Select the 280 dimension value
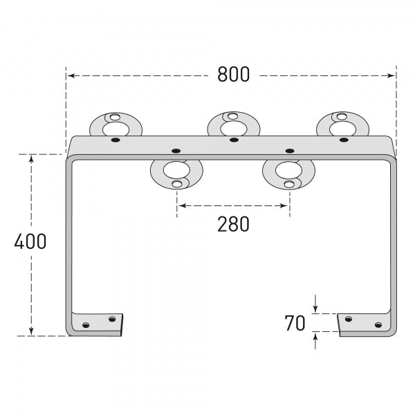pyautogui.click(x=233, y=224)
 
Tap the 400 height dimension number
pyautogui.click(x=30, y=242)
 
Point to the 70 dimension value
pyautogui.click(x=295, y=323)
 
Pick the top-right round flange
pyautogui.click(x=342, y=125)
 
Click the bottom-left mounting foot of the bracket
pyautogui.click(x=98, y=322)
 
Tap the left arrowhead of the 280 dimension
pyautogui.click(x=180, y=205)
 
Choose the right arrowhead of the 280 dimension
pyautogui.click(x=286, y=205)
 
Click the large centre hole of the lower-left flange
pyautogui.click(x=176, y=169)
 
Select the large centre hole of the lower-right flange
pyautogui.click(x=288, y=169)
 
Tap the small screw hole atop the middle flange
pyautogui.click(x=233, y=116)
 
